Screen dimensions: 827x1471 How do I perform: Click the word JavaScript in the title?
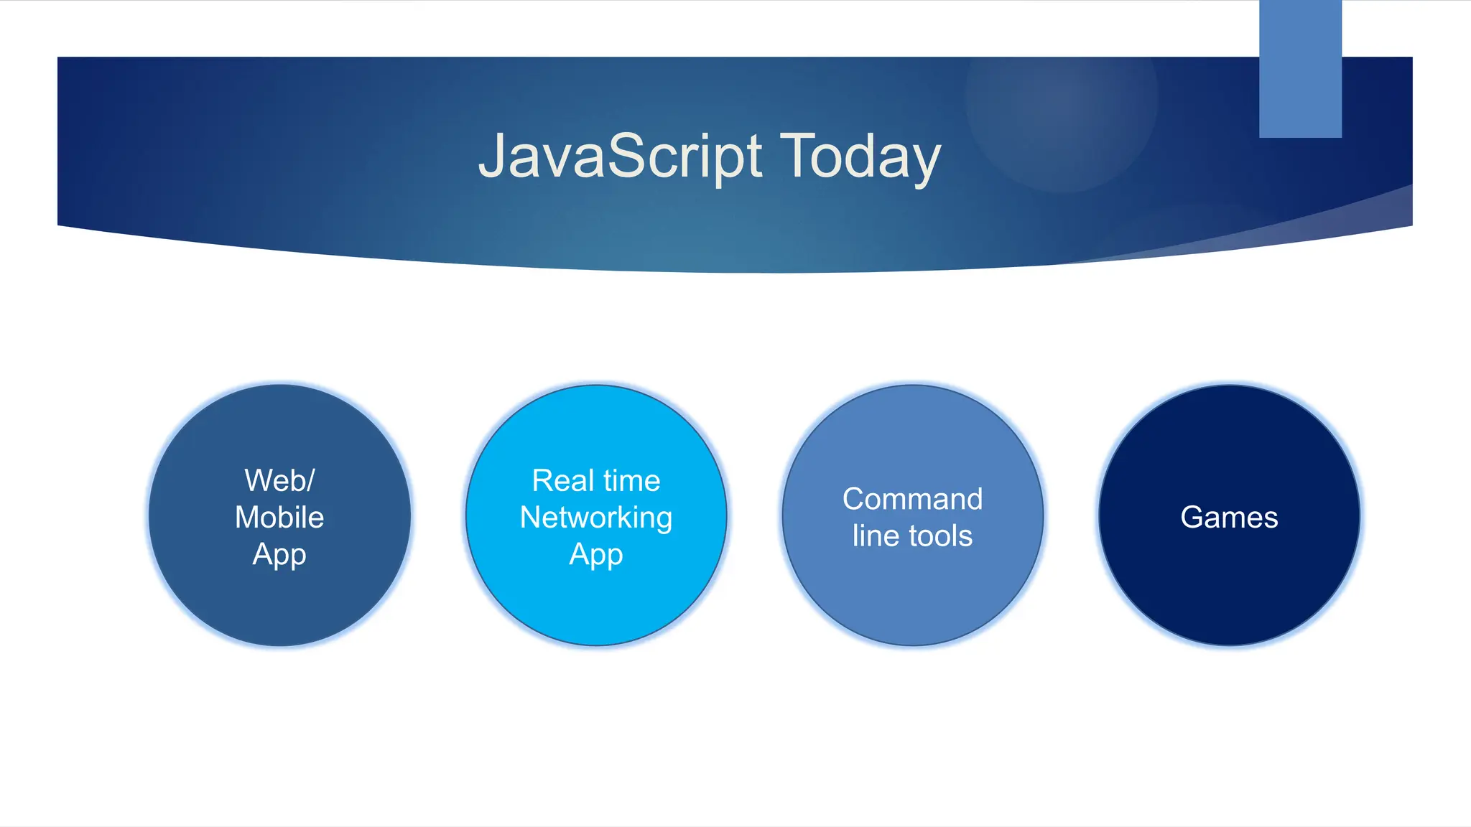click(619, 156)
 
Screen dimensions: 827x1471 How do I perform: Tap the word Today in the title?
click(860, 156)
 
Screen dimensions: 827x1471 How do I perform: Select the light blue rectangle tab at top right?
click(1300, 69)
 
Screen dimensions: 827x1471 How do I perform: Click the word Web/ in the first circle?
click(279, 480)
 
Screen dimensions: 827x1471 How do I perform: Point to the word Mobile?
click(279, 518)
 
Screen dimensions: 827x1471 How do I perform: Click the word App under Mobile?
click(279, 555)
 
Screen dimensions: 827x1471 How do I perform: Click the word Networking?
click(596, 518)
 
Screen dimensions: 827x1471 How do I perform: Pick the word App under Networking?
click(596, 555)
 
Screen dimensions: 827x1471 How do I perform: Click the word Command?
click(912, 499)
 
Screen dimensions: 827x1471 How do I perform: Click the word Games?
click(1229, 518)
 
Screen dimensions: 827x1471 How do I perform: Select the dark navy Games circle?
click(1229, 589)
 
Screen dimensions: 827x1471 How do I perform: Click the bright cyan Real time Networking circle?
click(596, 603)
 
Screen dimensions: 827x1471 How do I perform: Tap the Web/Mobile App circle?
click(279, 603)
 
